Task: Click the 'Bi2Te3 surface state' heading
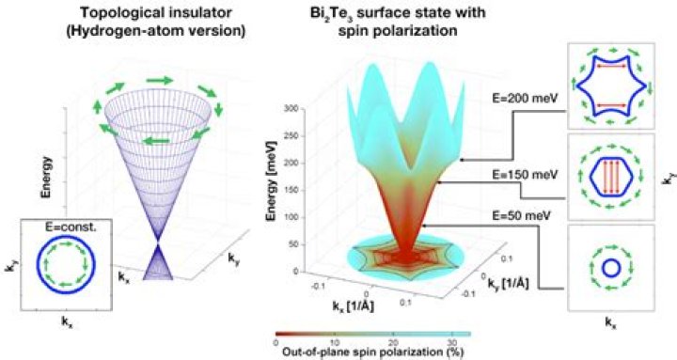[x=395, y=13]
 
